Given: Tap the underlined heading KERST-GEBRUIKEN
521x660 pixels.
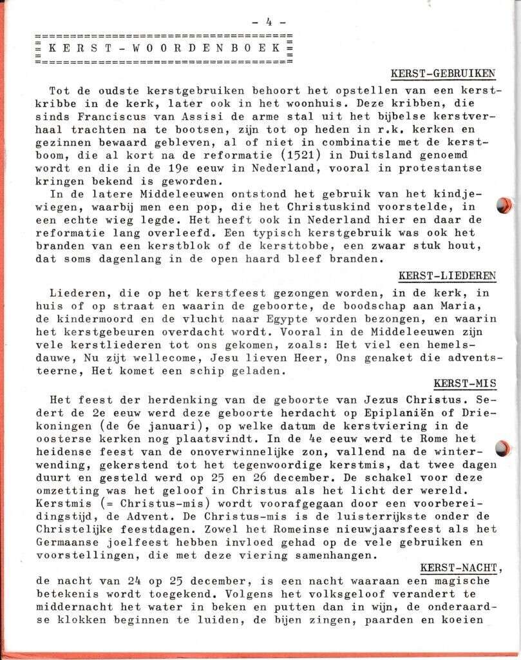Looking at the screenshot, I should coord(442,73).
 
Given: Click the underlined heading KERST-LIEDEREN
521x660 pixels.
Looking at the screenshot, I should coord(447,276).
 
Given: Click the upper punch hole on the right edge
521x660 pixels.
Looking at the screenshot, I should coord(503,205).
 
